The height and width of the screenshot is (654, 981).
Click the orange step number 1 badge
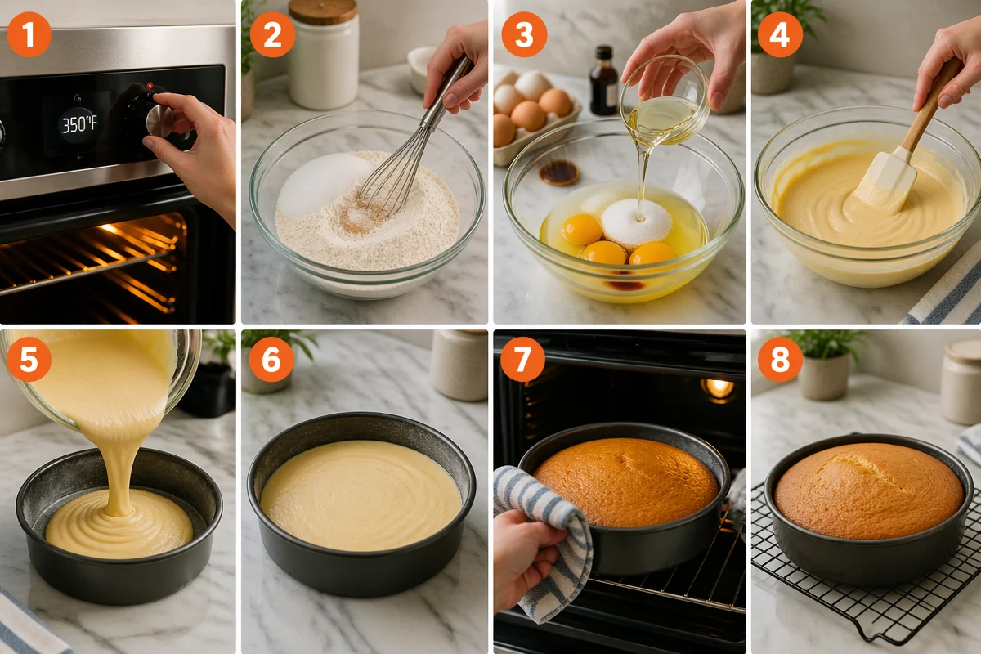pos(29,34)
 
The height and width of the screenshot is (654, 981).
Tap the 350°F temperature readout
pos(78,125)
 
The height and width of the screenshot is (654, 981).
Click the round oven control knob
pos(159,120)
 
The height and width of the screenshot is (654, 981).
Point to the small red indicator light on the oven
pos(150,85)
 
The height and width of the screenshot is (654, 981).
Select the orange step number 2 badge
pos(272,34)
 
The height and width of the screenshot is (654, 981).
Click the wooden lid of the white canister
pos(323,11)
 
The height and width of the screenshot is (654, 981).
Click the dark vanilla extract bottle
pos(603,81)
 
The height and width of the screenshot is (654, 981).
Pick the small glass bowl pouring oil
pos(664,101)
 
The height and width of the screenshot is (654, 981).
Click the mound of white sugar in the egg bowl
pos(636,222)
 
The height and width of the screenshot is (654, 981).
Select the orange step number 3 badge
pos(524,34)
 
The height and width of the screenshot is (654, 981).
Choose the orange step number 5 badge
pos(29,359)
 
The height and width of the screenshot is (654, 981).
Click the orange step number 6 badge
pos(271,359)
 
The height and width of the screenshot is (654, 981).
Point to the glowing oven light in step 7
pos(719,388)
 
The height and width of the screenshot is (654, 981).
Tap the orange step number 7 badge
pos(522,359)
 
